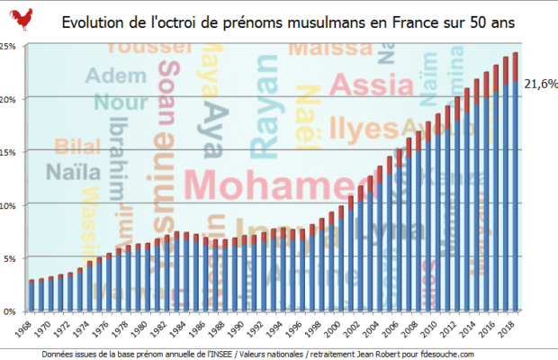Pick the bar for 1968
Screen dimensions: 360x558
tap(31, 296)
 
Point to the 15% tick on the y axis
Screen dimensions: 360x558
tap(11, 151)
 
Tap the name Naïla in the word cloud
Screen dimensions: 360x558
tap(67, 172)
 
